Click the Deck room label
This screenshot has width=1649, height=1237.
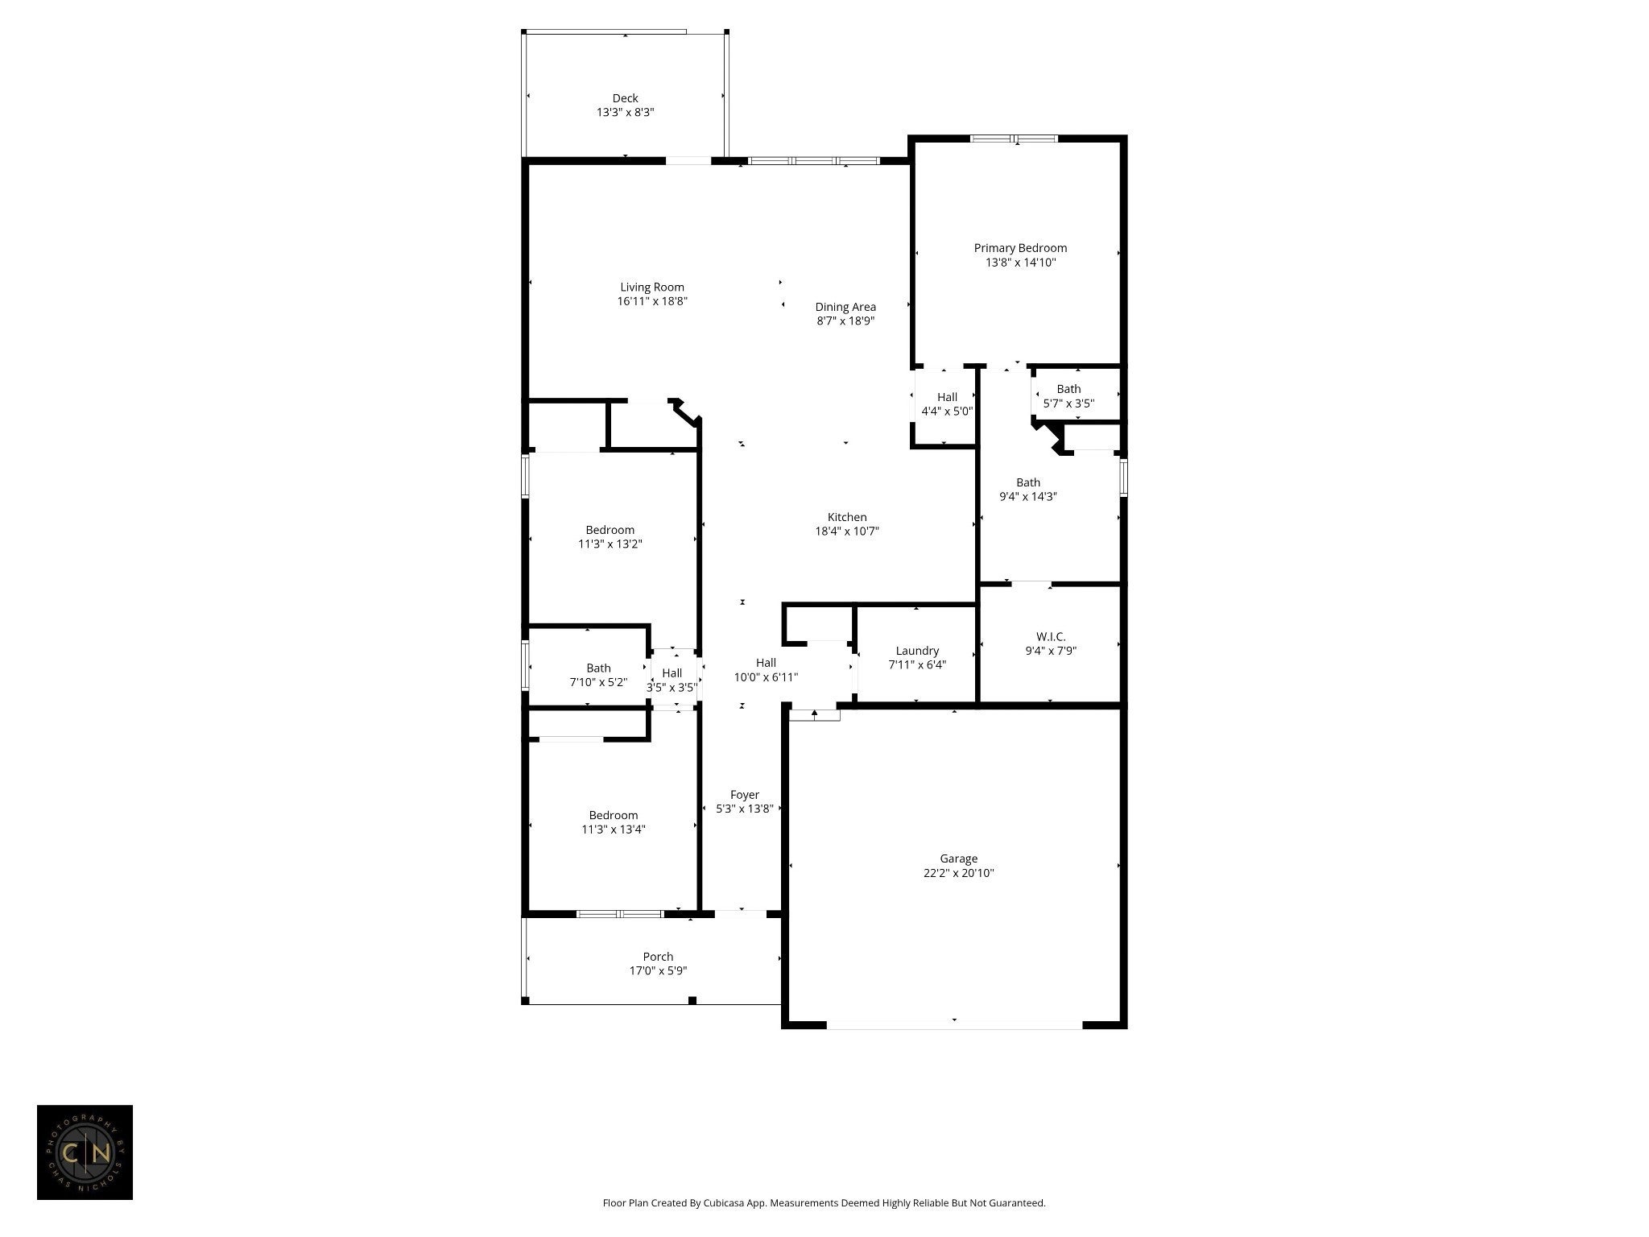(x=625, y=98)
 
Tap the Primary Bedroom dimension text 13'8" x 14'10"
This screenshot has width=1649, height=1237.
(x=1020, y=263)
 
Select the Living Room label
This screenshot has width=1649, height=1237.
(x=652, y=287)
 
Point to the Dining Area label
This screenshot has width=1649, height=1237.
(x=845, y=307)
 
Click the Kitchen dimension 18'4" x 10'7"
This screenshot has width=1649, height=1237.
(x=847, y=532)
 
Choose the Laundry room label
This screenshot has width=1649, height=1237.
(x=917, y=651)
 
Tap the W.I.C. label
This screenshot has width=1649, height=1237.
(x=1051, y=636)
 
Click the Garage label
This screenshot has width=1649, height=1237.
(x=958, y=858)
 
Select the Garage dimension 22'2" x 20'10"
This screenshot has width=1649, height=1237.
(x=959, y=873)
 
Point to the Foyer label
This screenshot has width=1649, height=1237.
(x=745, y=795)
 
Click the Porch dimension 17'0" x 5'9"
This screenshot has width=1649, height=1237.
(x=658, y=971)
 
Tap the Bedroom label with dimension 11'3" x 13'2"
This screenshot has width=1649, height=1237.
(x=610, y=530)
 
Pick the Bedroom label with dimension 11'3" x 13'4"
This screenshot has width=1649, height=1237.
(x=613, y=815)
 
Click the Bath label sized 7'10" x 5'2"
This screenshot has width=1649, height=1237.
(x=598, y=668)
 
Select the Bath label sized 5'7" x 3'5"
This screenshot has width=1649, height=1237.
(x=1068, y=389)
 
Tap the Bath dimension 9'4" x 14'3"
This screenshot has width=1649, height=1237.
(x=1028, y=497)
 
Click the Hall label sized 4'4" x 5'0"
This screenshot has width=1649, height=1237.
(x=947, y=397)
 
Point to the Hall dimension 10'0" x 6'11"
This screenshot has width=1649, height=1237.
(x=766, y=677)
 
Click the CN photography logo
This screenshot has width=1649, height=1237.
(x=85, y=1152)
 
